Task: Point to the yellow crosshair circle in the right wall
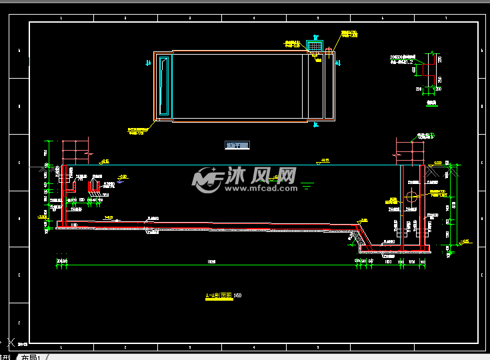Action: (411, 197)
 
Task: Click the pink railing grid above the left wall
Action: (75, 151)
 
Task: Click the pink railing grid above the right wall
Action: (410, 151)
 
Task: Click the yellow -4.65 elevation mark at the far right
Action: (465, 241)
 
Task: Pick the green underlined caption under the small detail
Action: (431, 103)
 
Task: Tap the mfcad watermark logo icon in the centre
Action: (207, 178)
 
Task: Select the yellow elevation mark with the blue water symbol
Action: (122, 177)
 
